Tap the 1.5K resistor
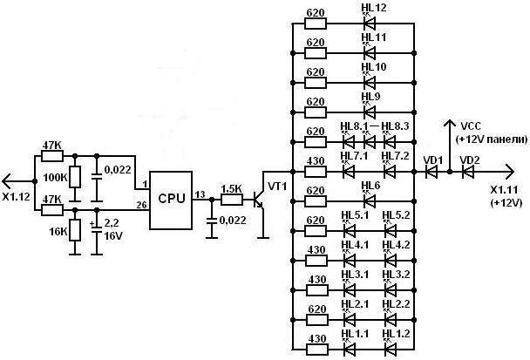(x=232, y=200)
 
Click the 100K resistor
(x=75, y=177)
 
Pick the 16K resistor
(x=75, y=230)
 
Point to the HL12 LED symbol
(x=370, y=24)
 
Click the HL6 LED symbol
(x=370, y=201)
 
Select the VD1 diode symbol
(x=431, y=172)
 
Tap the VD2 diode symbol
(x=468, y=172)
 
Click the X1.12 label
(x=16, y=197)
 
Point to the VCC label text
(x=471, y=126)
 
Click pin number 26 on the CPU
(x=141, y=205)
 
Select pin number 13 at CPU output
(x=200, y=194)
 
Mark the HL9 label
(x=370, y=97)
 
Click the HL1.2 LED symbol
(x=391, y=349)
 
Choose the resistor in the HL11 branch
(x=316, y=53)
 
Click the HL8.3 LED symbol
(x=390, y=142)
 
